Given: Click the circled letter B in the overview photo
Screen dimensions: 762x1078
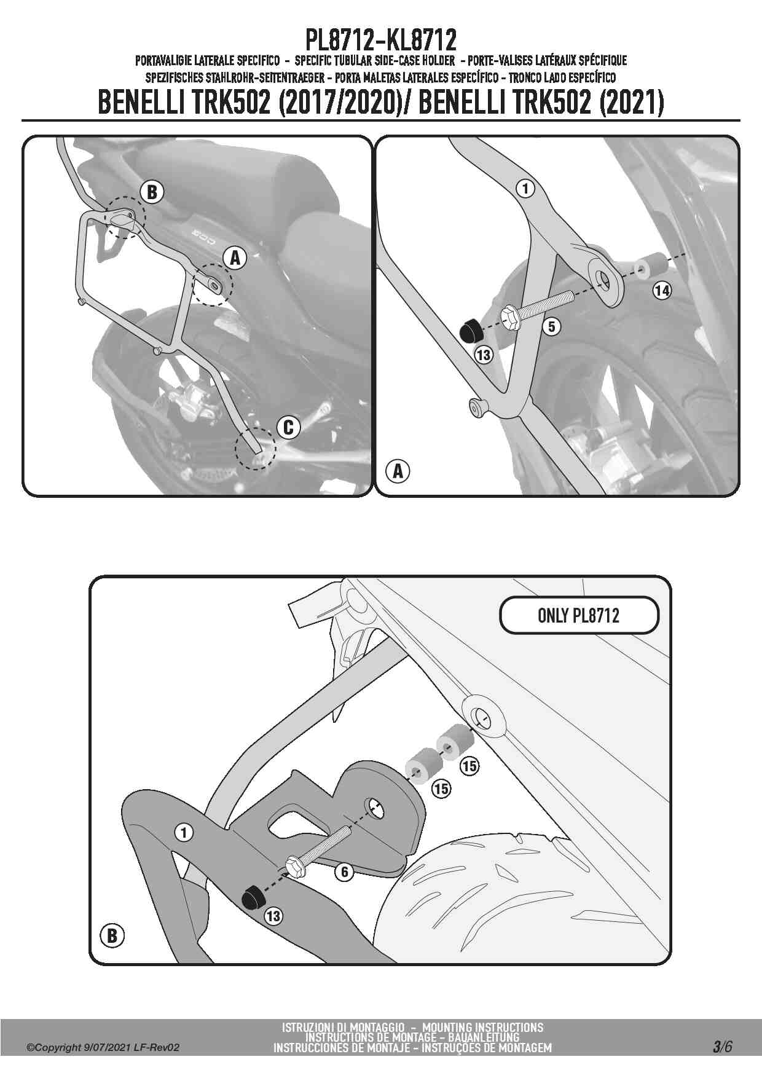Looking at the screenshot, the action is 152,192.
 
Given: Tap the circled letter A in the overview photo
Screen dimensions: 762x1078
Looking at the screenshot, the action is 235,258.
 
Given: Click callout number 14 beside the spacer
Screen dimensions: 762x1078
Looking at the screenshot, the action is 662,290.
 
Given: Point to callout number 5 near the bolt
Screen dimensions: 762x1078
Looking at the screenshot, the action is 552,326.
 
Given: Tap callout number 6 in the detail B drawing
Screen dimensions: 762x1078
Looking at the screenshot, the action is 345,871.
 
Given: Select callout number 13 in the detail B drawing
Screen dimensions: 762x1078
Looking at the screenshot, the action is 273,916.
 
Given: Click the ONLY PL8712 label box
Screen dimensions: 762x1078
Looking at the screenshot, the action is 578,615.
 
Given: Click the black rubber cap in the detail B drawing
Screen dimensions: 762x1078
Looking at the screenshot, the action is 253,899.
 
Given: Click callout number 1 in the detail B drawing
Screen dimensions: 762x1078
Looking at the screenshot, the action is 184,833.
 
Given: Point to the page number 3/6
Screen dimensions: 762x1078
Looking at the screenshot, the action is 722,1047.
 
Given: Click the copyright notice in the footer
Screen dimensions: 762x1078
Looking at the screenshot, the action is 103,1047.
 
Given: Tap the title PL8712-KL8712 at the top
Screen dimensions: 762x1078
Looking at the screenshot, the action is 381,40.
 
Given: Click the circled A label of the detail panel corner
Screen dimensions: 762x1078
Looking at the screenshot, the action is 398,471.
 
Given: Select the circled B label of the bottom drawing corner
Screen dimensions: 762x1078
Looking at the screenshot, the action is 112,935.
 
